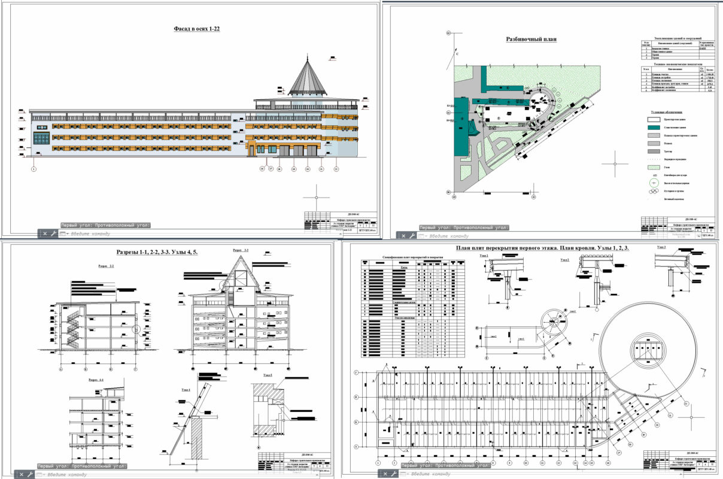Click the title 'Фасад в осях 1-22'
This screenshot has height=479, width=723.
point(196,29)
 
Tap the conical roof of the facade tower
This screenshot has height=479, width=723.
point(308,78)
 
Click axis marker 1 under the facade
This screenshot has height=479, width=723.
point(34,169)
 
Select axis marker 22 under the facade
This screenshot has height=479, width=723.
point(336,169)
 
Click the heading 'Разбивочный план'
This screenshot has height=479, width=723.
point(531,40)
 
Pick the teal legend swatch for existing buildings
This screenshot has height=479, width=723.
point(655,128)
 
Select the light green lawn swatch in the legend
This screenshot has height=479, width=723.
point(655,168)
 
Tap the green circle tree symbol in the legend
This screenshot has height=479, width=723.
point(655,183)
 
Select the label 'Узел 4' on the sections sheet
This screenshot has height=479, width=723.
point(186,389)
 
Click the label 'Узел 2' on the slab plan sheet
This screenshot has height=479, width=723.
point(564,260)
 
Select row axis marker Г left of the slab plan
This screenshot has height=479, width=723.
point(357,373)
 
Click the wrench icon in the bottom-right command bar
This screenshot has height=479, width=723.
point(390,474)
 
